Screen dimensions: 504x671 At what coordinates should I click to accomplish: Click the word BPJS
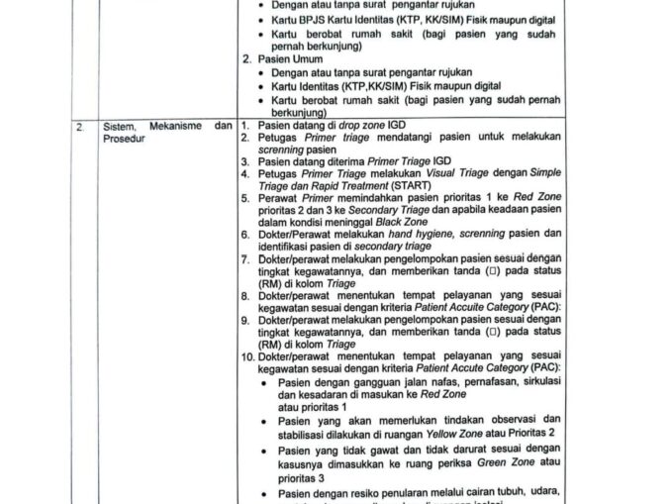pos(303,20)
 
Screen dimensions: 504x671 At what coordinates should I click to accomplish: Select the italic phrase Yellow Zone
pos(455,433)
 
